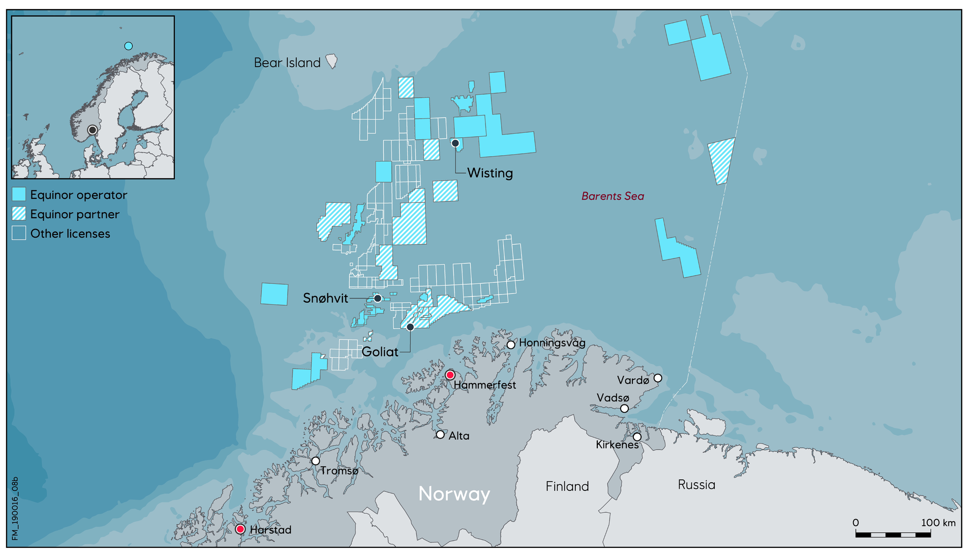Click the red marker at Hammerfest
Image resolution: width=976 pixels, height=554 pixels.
[x=450, y=375]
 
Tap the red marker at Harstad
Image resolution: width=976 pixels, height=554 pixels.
[x=240, y=529]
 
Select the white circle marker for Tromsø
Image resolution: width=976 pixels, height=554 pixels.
[x=316, y=461]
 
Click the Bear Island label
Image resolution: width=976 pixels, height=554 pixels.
[x=287, y=63]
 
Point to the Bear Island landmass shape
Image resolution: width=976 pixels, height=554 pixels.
[x=331, y=61]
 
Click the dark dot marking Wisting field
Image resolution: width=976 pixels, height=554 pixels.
[x=455, y=143]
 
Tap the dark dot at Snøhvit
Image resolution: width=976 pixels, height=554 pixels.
[x=378, y=298]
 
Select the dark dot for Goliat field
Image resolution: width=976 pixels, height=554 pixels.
[x=410, y=327]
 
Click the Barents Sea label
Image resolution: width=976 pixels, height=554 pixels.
[x=613, y=196]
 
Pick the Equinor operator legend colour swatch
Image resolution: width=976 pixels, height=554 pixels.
[x=19, y=194]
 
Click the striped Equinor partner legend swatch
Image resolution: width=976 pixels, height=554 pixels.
[x=19, y=214]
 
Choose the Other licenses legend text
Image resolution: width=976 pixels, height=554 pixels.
[x=70, y=234]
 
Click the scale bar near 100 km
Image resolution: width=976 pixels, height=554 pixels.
[x=893, y=534]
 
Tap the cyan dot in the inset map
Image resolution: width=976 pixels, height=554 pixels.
[x=129, y=46]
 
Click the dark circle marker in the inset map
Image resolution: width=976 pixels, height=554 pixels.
[x=93, y=130]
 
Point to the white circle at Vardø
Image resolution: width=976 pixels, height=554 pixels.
[x=658, y=378]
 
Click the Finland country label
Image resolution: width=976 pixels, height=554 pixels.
[x=567, y=486]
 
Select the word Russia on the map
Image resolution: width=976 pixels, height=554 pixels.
[x=696, y=485]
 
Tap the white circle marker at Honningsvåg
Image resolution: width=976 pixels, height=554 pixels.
[x=511, y=345]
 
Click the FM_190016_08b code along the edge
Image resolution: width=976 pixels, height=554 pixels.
[x=15, y=508]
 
